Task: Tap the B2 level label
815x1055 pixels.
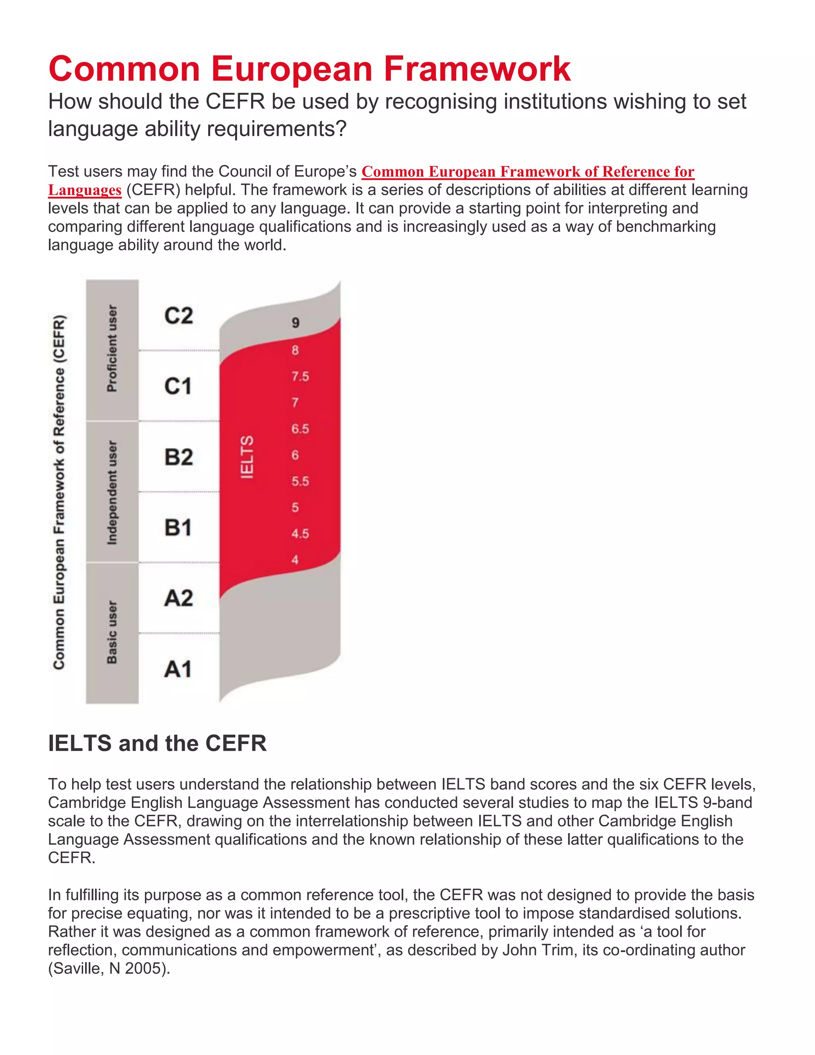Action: (178, 457)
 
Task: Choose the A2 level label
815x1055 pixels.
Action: (178, 598)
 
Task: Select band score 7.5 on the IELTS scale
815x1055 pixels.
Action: (300, 376)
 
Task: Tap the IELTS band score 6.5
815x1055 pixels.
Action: (300, 429)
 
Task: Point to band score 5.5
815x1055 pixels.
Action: (300, 482)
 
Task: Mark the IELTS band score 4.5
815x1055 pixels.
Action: (300, 534)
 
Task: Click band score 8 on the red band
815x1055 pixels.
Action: (295, 350)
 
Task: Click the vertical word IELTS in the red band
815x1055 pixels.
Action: (247, 457)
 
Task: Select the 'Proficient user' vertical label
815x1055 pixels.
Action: (112, 348)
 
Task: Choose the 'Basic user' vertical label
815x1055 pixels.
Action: (112, 632)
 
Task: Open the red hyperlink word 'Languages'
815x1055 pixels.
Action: (84, 190)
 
